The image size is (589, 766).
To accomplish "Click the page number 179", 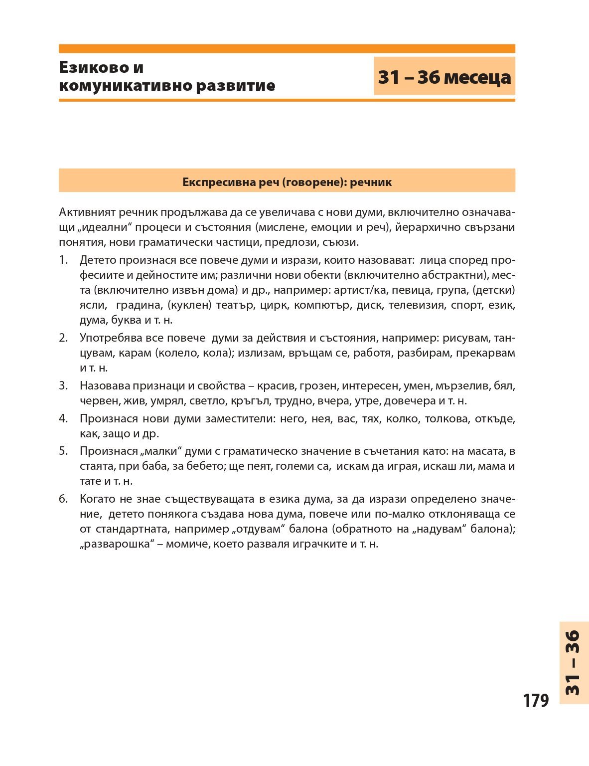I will [536, 700].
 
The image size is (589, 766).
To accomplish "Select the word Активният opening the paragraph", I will [87, 212].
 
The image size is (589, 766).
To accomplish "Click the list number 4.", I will [63, 418].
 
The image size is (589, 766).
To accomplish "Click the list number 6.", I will [63, 499].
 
